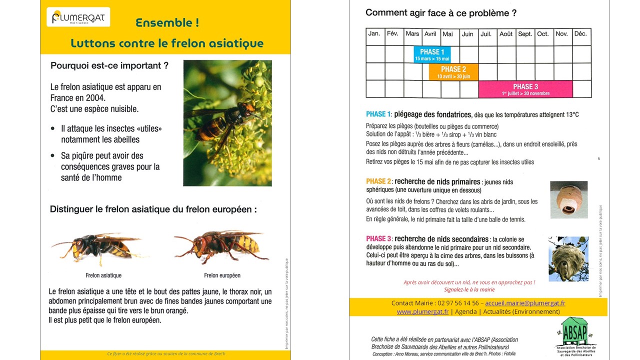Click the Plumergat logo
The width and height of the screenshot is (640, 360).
pos(78,17)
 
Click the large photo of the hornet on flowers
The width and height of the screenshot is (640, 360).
pos(227,123)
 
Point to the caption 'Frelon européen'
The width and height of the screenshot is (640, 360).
pos(222,275)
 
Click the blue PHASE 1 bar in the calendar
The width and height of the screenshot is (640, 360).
pos(432,54)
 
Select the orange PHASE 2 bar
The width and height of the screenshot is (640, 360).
pos(453,72)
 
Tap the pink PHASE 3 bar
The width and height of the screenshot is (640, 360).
pos(525,89)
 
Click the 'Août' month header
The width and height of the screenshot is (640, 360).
pos(506,34)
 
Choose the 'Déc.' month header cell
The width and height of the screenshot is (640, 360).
pos(580,34)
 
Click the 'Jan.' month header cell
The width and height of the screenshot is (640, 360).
pos(374,34)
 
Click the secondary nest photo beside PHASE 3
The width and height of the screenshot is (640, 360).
pos(568,258)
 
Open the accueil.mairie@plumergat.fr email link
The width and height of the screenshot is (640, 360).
pos(525,303)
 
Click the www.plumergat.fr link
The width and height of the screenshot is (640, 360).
pos(423,311)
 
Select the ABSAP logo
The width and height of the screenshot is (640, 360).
pos(575,332)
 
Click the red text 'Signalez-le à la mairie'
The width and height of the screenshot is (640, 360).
pos(469,289)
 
